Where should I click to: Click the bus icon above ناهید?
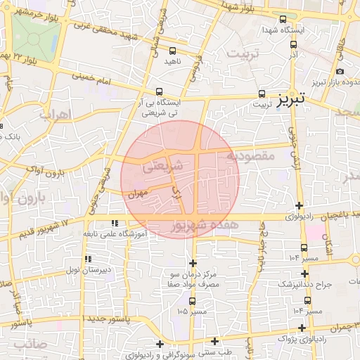(x=173, y=51)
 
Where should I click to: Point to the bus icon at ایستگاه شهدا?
(x=283, y=20)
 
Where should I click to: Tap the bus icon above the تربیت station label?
(x=262, y=93)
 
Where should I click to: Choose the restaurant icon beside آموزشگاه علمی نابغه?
(x=115, y=223)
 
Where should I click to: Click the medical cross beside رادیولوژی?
(x=300, y=206)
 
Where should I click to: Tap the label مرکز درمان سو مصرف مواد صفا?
(x=193, y=278)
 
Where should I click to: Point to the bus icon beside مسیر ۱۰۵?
(x=192, y=300)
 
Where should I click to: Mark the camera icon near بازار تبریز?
(x=340, y=71)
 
